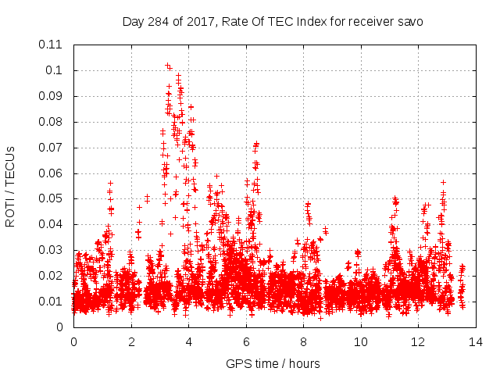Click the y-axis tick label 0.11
(52, 45)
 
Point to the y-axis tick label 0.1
(55, 70)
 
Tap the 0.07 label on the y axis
(52, 147)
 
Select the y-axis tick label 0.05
(52, 198)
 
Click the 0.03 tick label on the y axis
(52, 250)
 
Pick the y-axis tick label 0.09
(52, 96)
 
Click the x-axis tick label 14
(475, 342)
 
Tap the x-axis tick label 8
(303, 342)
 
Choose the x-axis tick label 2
(131, 342)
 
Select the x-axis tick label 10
(360, 342)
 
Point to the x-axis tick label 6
(246, 342)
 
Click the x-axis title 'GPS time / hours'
(273, 363)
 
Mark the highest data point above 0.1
(167, 65)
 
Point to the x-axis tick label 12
(417, 342)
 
